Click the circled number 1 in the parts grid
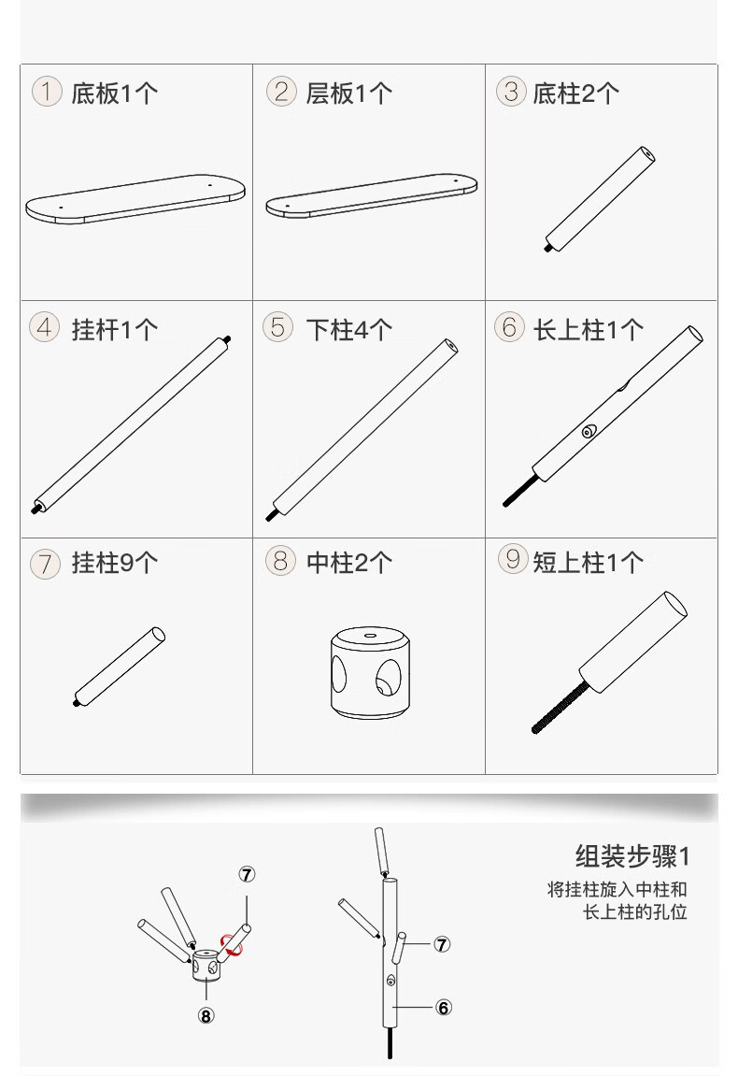coord(47,92)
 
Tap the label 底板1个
coord(115,93)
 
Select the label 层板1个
coord(349,93)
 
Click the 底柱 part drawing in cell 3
coord(600,199)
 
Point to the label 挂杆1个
coord(115,329)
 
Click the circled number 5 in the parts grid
coord(277,327)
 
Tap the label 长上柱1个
coord(589,329)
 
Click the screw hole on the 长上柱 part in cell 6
coord(589,432)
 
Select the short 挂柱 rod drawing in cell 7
coord(120,667)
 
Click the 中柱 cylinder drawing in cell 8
coord(370,672)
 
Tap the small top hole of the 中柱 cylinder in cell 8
coord(370,636)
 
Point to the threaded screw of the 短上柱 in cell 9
coord(560,706)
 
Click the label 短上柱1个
coord(589,563)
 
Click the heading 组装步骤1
coord(632,856)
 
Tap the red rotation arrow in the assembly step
coord(232,945)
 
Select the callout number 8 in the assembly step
coord(206,1015)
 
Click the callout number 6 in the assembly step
coord(444,1008)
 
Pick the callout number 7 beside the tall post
coord(443,944)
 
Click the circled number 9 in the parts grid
coord(512,559)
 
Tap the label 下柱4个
coord(349,329)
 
